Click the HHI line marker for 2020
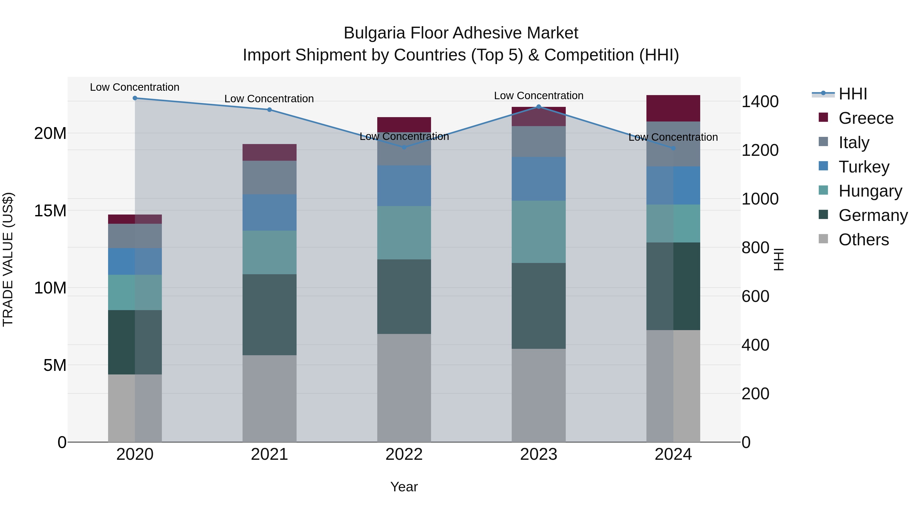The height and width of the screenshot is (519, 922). (x=135, y=98)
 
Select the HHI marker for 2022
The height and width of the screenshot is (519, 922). (x=404, y=147)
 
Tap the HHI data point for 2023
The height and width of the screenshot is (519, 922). (x=539, y=107)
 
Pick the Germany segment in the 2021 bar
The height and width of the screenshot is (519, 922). (x=269, y=314)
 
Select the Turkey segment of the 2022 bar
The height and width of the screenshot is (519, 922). (x=404, y=186)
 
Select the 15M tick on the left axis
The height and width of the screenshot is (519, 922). (x=50, y=211)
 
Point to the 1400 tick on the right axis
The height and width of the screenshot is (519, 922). (x=760, y=102)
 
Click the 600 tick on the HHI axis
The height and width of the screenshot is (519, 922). (x=755, y=297)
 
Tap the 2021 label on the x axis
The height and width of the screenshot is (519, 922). (x=269, y=454)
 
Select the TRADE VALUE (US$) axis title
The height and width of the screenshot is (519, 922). (x=8, y=259)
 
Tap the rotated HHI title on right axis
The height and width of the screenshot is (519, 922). (x=779, y=259)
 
